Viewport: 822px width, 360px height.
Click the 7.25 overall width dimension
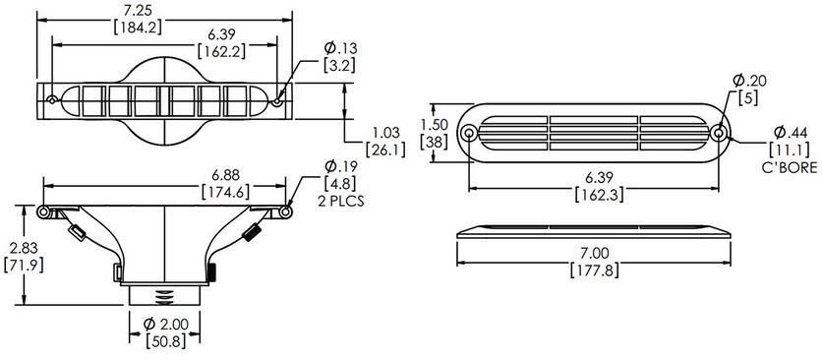[165, 8]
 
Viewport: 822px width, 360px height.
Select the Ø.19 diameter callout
[340, 166]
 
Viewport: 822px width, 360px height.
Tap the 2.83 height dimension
[20, 248]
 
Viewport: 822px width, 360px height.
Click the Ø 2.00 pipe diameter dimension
[166, 325]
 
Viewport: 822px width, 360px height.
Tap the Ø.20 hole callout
[745, 81]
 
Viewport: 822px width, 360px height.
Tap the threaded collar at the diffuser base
[166, 292]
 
